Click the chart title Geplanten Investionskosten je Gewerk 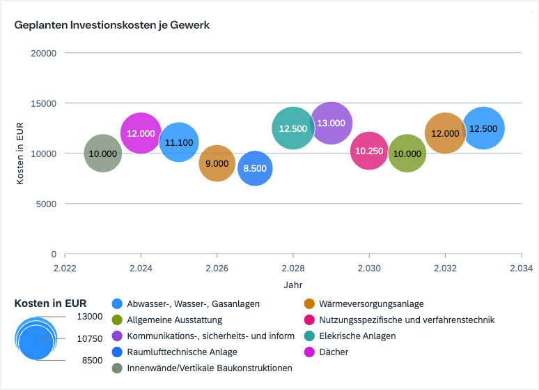[x=112, y=25]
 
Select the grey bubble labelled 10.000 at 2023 [x=103, y=153]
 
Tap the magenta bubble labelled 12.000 [x=141, y=133]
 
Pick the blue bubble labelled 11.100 [x=180, y=142]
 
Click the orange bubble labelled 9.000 [x=217, y=164]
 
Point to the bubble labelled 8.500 [x=256, y=169]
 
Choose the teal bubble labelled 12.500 [x=293, y=128]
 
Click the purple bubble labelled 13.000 [x=331, y=123]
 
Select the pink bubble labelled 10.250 [x=369, y=151]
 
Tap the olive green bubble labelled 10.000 [x=407, y=153]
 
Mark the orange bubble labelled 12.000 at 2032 [x=445, y=133]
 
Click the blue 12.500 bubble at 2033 [x=483, y=128]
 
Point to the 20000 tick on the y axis [x=45, y=53]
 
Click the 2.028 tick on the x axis [x=293, y=267]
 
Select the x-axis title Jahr [x=292, y=285]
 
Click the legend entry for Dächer [x=333, y=352]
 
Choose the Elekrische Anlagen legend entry [x=357, y=336]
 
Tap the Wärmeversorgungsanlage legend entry [x=370, y=303]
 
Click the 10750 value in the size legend [x=90, y=338]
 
